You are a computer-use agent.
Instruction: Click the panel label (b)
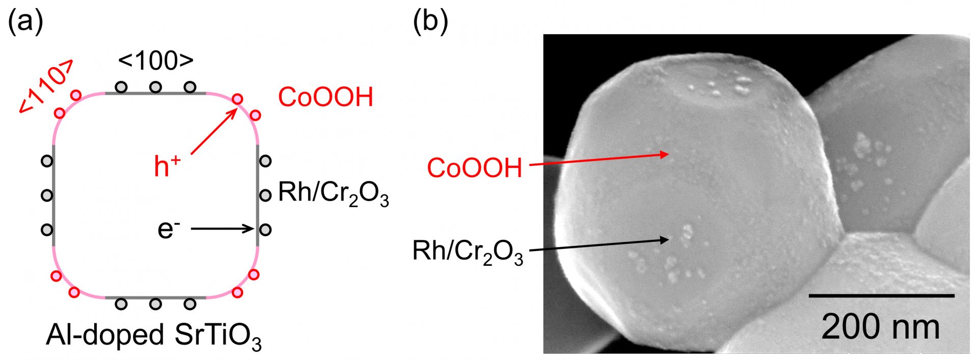click(431, 23)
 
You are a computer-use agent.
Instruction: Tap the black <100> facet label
click(156, 61)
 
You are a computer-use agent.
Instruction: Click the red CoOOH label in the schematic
click(325, 97)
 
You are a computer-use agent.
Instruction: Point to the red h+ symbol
click(167, 167)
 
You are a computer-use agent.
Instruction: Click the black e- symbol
click(169, 229)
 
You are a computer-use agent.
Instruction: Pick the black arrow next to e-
click(223, 229)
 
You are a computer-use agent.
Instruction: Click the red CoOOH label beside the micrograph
click(475, 168)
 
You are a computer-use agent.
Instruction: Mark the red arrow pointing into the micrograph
click(599, 159)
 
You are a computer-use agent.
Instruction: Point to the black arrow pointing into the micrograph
click(599, 244)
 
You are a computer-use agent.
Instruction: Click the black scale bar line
click(881, 295)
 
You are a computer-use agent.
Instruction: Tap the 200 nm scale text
click(881, 326)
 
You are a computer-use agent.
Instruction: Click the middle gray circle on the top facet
click(155, 88)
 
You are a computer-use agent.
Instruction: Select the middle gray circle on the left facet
click(47, 195)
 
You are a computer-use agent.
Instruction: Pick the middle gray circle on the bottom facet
click(155, 304)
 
